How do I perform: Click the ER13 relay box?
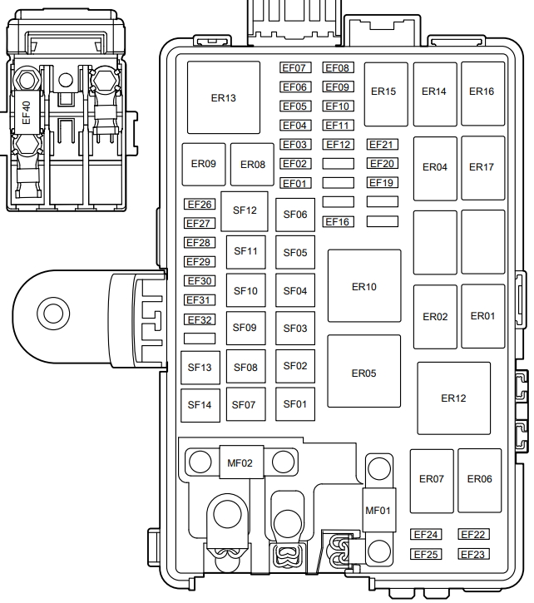tap(224, 97)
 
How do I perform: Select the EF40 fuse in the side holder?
tap(27, 113)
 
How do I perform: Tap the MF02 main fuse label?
tap(240, 462)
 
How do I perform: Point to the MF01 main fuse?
tap(378, 509)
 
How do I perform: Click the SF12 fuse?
tap(245, 210)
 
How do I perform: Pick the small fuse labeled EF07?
tap(294, 68)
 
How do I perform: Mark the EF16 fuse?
tap(338, 221)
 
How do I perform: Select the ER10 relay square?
tap(364, 286)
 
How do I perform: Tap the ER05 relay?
tap(363, 373)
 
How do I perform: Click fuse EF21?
tap(383, 145)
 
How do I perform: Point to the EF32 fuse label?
tap(200, 319)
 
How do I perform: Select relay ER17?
tap(482, 167)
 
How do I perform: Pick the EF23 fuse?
tap(472, 554)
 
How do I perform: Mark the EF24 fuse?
tap(426, 535)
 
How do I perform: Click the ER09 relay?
tap(204, 164)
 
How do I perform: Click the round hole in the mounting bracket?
tap(52, 314)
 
